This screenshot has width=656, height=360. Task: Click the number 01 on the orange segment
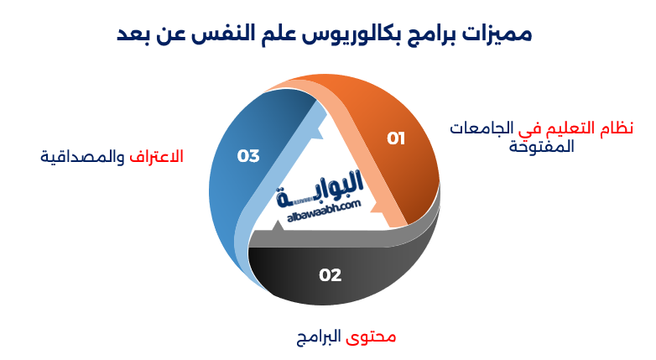pyautogui.click(x=396, y=138)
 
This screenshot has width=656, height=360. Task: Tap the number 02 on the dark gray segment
pyautogui.click(x=331, y=274)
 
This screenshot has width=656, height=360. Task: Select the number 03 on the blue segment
pyautogui.click(x=248, y=155)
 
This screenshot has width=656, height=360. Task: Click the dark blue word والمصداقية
pyautogui.click(x=81, y=157)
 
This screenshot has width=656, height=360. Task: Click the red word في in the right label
pyautogui.click(x=525, y=128)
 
